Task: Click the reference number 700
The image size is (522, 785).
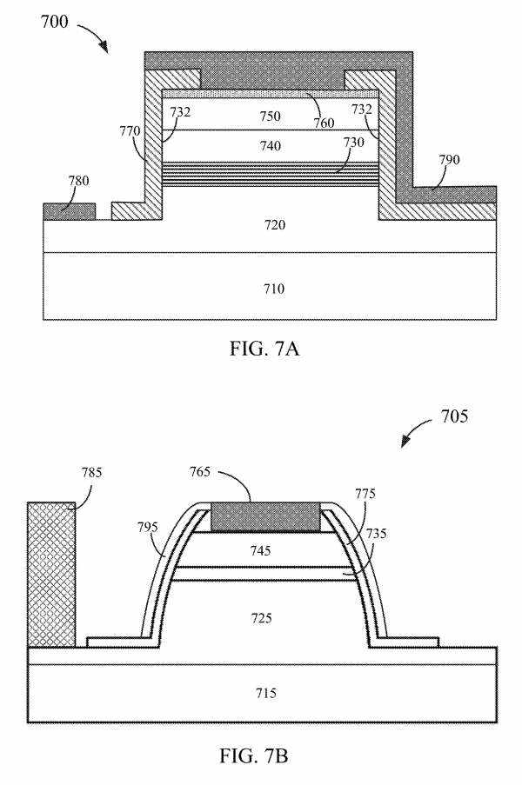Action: (54, 22)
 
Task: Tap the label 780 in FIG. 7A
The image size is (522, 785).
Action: (78, 181)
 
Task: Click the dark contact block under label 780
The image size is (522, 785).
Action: (69, 212)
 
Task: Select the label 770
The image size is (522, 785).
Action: (130, 131)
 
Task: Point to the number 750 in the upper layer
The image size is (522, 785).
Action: (270, 116)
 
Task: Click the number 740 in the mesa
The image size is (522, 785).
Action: (270, 146)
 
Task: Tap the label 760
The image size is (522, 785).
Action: (324, 123)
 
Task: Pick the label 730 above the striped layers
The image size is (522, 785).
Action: (353, 143)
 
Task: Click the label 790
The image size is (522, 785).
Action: (449, 160)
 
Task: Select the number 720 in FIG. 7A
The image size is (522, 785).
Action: (274, 225)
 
